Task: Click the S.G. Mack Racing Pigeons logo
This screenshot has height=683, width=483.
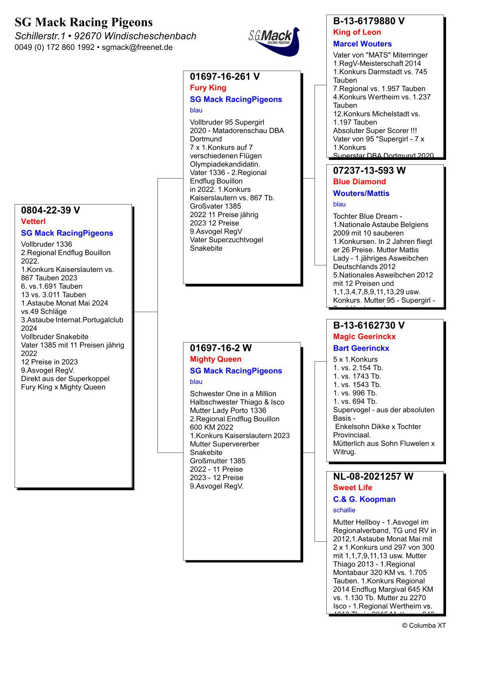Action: pos(274,41)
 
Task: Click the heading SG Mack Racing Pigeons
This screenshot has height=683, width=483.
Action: pos(84,22)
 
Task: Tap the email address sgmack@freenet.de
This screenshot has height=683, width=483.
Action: pos(137,47)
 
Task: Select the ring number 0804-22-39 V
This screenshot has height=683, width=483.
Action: pos(50,210)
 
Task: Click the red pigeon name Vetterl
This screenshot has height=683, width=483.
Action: pos(33,222)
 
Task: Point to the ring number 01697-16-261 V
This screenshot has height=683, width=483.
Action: pos(224,77)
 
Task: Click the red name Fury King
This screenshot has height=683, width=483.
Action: pos(208,88)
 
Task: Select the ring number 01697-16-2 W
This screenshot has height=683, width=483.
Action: pos(220,348)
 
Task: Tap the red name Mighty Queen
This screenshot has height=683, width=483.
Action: pos(216,359)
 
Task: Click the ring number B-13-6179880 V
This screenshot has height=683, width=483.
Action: pos(369,21)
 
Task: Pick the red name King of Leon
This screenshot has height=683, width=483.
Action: pos(357,32)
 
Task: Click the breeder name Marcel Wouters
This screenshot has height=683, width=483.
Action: pos(362,44)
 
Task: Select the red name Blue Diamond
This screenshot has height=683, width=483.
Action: pos(359,182)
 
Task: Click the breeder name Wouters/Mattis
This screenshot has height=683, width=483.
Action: pos(361,194)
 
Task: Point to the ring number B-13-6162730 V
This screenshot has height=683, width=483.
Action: pos(369,325)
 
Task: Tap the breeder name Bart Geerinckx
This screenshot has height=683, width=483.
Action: pos(361,348)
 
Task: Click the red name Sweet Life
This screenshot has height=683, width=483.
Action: pos(352,488)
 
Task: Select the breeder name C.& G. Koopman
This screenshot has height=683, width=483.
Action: pos(364,500)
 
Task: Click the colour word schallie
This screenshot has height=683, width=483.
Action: pos(344,510)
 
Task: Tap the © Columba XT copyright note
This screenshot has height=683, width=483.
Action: pos(424,625)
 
